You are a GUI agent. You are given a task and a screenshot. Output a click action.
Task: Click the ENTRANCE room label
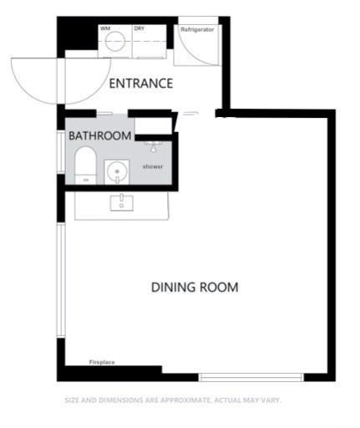(x=141, y=84)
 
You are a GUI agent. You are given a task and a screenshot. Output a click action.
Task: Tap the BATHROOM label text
(x=99, y=135)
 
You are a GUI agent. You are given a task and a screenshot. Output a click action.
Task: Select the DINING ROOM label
(x=195, y=288)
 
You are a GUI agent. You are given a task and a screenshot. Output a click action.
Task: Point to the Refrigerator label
(x=197, y=29)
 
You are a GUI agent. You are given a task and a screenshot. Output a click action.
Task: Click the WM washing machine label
(x=106, y=28)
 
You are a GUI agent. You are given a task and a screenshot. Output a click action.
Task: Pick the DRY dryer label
(x=139, y=28)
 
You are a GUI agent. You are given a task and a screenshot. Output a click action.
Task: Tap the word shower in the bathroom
(x=152, y=167)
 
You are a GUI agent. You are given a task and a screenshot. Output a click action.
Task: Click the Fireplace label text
(x=102, y=363)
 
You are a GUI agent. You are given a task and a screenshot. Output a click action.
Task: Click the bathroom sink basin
(x=117, y=172)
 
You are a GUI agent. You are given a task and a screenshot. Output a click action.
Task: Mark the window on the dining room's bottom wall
(x=250, y=375)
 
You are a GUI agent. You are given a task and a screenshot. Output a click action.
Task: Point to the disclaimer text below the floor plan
(x=173, y=400)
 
